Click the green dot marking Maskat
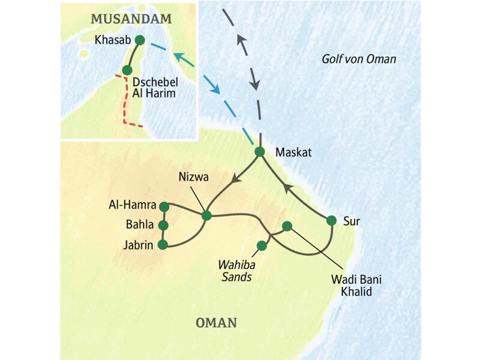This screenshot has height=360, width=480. pos(260,152)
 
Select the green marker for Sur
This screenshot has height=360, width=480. pos(331,220)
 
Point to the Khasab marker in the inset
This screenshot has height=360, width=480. pos(140,40)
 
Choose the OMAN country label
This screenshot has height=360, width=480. pos(216,323)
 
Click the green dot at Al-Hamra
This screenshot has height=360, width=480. pos(164,206)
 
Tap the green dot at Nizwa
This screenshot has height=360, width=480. pos(206,215)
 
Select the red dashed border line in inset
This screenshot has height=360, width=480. pos(126,102)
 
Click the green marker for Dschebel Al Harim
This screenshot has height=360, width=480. pos(127,70)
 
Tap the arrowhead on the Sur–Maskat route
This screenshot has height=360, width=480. pos(287,188)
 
